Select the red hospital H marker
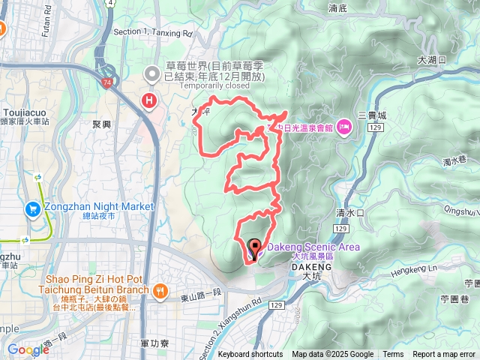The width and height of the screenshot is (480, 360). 150,100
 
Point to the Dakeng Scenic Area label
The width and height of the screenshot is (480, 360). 313,247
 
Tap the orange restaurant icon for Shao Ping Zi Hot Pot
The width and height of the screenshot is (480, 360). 159,290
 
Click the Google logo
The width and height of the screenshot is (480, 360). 28,349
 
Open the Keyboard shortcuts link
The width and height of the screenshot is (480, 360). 250,355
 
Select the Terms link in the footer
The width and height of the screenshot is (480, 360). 393,355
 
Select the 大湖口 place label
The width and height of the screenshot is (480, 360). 432,59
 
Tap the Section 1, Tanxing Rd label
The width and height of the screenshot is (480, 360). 153,33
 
